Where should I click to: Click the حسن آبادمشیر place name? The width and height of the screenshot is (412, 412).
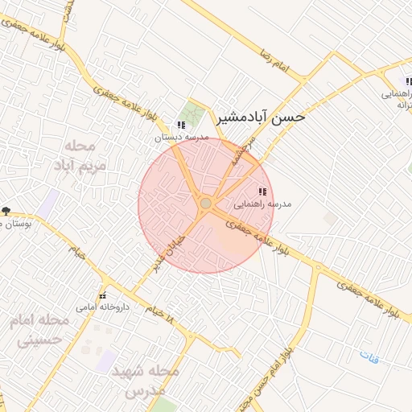tap(262, 117)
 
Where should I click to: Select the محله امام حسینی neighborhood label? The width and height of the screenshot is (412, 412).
tap(40, 330)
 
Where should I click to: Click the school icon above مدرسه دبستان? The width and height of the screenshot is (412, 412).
tap(181, 126)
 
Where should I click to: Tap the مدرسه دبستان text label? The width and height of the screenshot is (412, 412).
tap(182, 138)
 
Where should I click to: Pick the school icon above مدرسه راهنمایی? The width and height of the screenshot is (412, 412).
tap(262, 192)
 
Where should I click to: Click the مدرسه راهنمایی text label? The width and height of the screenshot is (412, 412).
tap(262, 204)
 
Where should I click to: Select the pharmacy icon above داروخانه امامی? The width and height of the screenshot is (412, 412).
tap(102, 295)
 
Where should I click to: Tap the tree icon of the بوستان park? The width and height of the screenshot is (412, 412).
tap(6, 211)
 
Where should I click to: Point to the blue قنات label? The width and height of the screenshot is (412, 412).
tap(369, 355)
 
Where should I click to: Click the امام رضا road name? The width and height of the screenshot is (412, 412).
tap(273, 52)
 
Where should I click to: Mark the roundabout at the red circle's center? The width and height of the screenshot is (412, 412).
tap(206, 204)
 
